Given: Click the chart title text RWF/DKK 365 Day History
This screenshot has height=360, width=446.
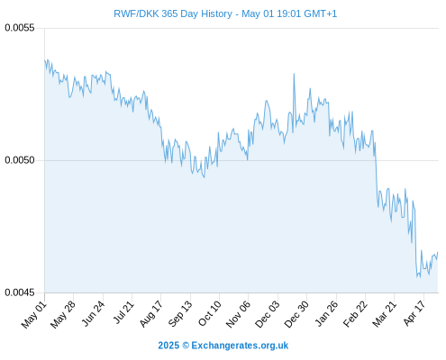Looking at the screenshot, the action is click(x=173, y=13).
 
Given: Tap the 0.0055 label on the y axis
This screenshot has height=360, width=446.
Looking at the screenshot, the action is click(x=20, y=28).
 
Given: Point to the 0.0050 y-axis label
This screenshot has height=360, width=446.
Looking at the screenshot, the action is click(x=20, y=160).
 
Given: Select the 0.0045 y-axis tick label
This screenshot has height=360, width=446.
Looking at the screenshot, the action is click(x=20, y=292).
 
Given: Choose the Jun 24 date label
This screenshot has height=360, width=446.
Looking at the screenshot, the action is click(x=93, y=314).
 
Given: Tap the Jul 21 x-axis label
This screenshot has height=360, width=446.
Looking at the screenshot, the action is click(x=123, y=313).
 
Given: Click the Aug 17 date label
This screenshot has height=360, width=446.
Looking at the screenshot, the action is click(x=150, y=314).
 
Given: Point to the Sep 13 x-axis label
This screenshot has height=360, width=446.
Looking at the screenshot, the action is click(x=179, y=314).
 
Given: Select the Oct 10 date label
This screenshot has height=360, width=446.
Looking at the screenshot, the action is click(x=209, y=314).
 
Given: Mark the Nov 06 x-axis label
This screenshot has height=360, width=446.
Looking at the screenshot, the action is click(x=238, y=314).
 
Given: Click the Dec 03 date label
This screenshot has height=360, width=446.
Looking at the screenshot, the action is click(x=267, y=314).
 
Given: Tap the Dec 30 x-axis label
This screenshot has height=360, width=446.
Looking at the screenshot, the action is click(x=296, y=314).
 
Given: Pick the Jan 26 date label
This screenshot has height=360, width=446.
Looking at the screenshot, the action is click(x=326, y=314).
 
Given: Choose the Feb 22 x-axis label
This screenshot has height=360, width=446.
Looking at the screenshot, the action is click(x=355, y=314).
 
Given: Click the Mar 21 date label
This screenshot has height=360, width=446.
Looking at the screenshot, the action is click(x=384, y=314).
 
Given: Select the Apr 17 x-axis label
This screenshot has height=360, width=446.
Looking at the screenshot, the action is click(x=414, y=314).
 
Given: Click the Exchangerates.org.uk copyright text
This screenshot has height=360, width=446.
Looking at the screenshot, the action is click(x=240, y=346).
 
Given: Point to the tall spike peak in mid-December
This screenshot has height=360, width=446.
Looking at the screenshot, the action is click(x=294, y=74).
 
